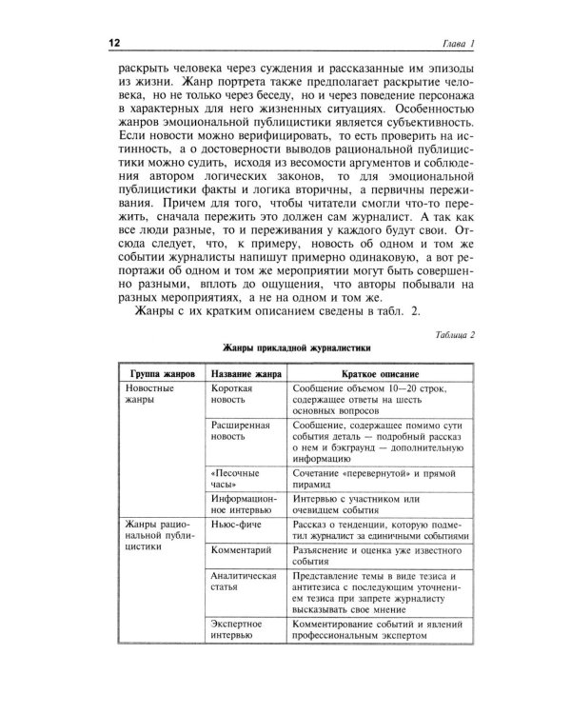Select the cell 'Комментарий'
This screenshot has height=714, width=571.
tap(242, 551)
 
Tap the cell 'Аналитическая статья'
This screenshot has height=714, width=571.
tap(242, 585)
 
